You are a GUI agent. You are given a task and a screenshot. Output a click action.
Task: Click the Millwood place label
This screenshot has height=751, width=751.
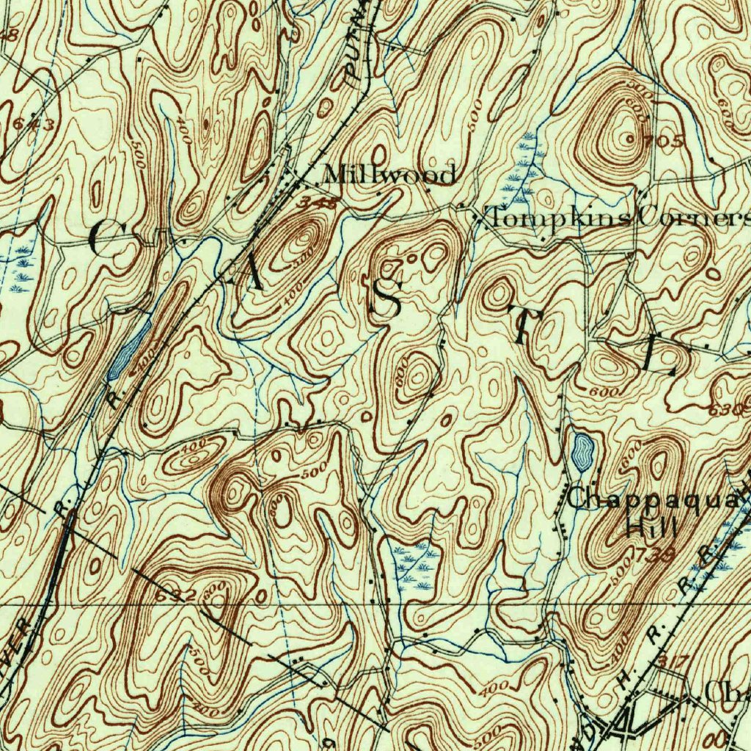pos(389,175)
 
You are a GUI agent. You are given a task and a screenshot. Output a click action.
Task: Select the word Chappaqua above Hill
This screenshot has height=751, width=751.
pos(652,499)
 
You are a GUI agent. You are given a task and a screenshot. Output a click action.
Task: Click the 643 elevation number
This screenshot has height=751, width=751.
pos(32,124)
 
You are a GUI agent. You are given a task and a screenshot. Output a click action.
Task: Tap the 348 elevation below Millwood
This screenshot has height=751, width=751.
pos(319,203)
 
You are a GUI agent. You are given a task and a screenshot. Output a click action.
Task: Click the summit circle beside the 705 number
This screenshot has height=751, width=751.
pos(629,137)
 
